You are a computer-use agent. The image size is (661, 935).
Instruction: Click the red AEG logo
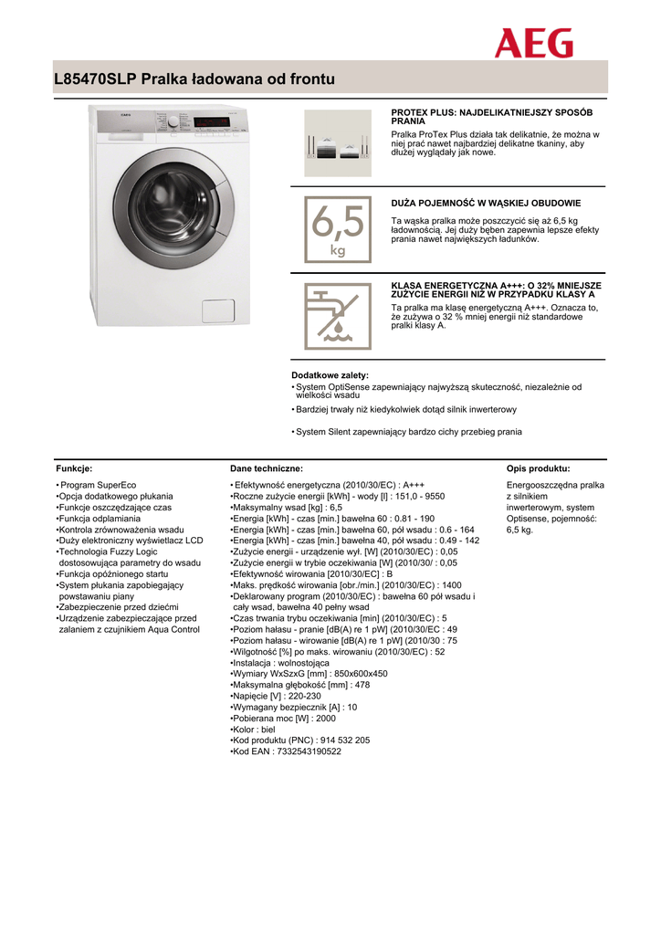tap(534, 42)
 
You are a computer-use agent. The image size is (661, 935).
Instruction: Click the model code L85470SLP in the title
tap(95, 79)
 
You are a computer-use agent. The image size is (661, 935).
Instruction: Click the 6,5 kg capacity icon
tap(337, 229)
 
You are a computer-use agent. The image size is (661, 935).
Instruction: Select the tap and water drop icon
tap(337, 316)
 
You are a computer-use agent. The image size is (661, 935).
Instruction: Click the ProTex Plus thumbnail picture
tap(337, 142)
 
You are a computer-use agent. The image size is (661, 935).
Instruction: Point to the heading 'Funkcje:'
tap(74, 468)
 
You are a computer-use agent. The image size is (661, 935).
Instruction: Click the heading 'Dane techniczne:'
tap(267, 468)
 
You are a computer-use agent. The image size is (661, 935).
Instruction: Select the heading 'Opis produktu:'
tap(538, 468)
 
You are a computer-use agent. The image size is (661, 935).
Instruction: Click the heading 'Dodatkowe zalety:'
tap(330, 375)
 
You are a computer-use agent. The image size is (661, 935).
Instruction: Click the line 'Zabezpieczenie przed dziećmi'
tap(120, 607)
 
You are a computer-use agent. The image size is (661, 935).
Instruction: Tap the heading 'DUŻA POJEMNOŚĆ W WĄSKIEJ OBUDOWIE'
tap(486, 203)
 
